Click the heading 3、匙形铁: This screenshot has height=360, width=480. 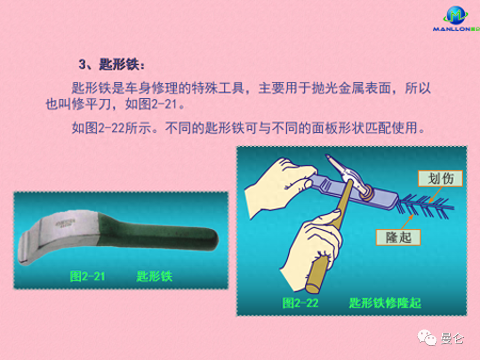(x=111, y=64)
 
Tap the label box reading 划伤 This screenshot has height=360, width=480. (x=440, y=178)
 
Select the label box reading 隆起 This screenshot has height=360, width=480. (x=398, y=237)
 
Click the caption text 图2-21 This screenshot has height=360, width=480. (x=87, y=276)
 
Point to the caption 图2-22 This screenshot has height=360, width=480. (x=300, y=303)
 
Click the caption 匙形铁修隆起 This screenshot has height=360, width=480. (x=385, y=303)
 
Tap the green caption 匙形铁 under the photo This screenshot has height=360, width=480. (x=154, y=276)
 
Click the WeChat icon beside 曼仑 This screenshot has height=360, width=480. (x=427, y=337)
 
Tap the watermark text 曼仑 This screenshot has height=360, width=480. (x=452, y=338)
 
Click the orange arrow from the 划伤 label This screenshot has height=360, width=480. (x=435, y=194)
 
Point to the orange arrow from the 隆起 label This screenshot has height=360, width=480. (x=407, y=221)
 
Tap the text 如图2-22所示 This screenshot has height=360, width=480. (x=111, y=127)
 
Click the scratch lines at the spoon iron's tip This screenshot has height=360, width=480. (x=425, y=207)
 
